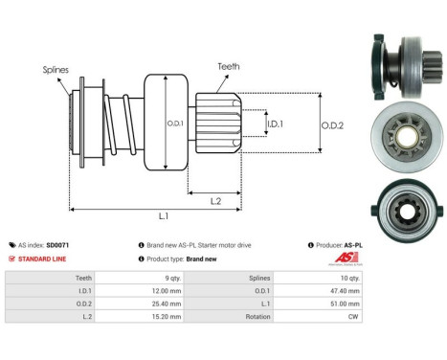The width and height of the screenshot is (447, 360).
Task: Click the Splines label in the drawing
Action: pos(56,70)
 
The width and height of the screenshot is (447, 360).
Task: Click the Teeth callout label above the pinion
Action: pos(229,66)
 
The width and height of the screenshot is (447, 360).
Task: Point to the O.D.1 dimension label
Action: pos(175,124)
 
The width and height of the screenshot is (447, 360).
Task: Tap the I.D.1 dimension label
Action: pos(275,124)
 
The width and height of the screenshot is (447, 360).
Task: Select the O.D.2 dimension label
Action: pos(332,125)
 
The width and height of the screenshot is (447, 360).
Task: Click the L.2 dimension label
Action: pos(215,201)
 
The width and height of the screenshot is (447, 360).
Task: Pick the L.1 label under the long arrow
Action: pos(164,216)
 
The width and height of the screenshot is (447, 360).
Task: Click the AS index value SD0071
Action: pos(57,245)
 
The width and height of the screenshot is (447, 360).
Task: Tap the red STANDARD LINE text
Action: pos(42,259)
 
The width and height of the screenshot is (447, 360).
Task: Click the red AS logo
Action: pos(346,258)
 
